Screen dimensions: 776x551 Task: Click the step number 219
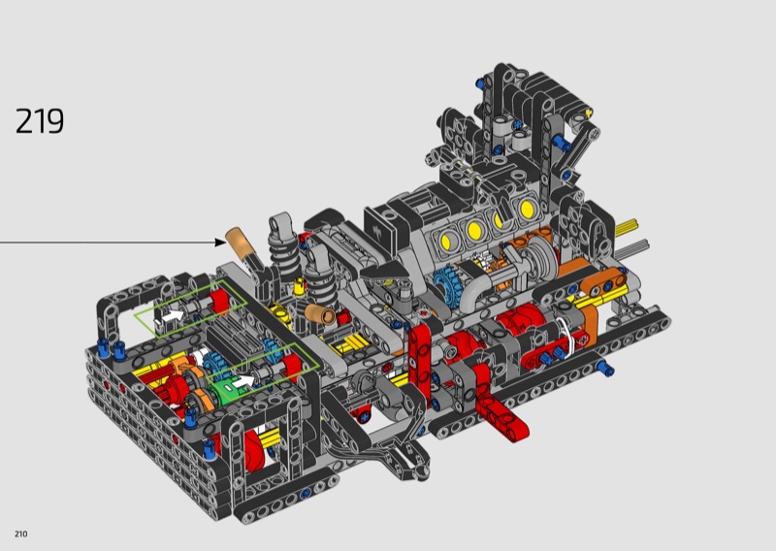tap(40, 121)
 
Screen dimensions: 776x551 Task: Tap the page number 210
tap(20, 534)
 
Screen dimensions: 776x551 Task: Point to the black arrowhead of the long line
tap(220, 243)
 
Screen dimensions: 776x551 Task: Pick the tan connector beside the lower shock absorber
tap(320, 314)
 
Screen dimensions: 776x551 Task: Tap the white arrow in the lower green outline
tap(242, 380)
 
